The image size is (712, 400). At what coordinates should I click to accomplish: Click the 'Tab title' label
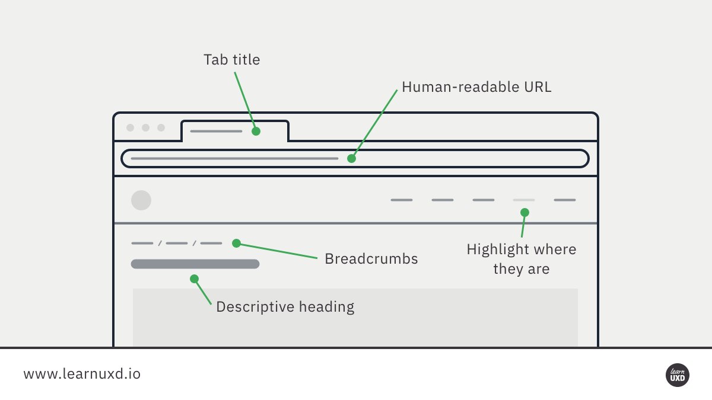(x=231, y=60)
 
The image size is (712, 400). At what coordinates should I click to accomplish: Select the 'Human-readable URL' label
(x=476, y=87)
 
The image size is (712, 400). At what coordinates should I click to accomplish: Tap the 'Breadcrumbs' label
(x=371, y=259)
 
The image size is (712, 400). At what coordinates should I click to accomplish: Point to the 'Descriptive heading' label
(x=285, y=307)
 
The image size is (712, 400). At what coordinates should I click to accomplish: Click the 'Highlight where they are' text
(x=521, y=259)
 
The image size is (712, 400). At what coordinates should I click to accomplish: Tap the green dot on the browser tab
(x=256, y=131)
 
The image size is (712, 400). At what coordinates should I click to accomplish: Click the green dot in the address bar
(x=351, y=159)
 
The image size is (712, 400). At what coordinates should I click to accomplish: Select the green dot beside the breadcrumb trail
(x=236, y=243)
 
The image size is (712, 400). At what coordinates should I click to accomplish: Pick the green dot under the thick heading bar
(x=194, y=279)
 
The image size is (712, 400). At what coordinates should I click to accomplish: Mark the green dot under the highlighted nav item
(x=525, y=212)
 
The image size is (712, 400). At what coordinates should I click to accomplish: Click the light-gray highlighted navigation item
(x=524, y=200)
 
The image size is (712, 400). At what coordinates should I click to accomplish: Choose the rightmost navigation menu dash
(x=565, y=200)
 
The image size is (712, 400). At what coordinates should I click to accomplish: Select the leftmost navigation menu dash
(x=401, y=200)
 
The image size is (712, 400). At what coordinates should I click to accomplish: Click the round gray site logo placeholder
(x=141, y=200)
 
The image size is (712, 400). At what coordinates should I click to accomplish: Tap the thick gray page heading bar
(x=195, y=264)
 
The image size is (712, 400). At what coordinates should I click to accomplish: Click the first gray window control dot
(x=130, y=127)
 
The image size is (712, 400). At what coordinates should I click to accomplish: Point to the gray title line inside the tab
(x=216, y=131)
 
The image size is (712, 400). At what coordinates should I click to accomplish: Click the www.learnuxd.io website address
(x=82, y=375)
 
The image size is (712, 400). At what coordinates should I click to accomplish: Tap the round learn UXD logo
(x=677, y=375)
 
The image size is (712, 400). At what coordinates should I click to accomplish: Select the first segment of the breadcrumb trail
(x=142, y=243)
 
